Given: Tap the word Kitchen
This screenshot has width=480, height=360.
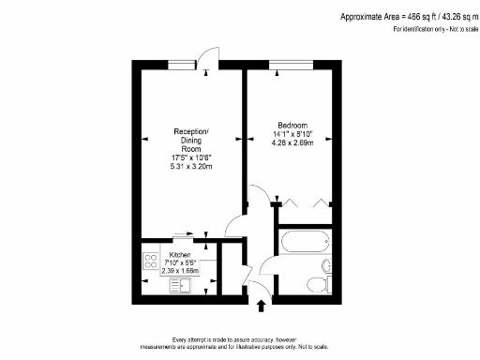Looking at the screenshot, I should point(180,254).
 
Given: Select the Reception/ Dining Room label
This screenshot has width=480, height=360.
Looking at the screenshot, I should point(192,140).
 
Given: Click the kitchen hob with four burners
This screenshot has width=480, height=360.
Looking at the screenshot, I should point(150,261).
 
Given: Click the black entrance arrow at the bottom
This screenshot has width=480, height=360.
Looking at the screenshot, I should point(262,306).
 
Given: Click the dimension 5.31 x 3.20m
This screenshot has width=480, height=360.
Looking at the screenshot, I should point(192,167).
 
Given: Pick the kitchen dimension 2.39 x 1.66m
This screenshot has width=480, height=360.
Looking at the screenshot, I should point(180,271).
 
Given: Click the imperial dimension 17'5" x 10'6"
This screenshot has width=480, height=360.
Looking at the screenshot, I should point(192,157).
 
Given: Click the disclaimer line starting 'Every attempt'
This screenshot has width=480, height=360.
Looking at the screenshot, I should point(239,338).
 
